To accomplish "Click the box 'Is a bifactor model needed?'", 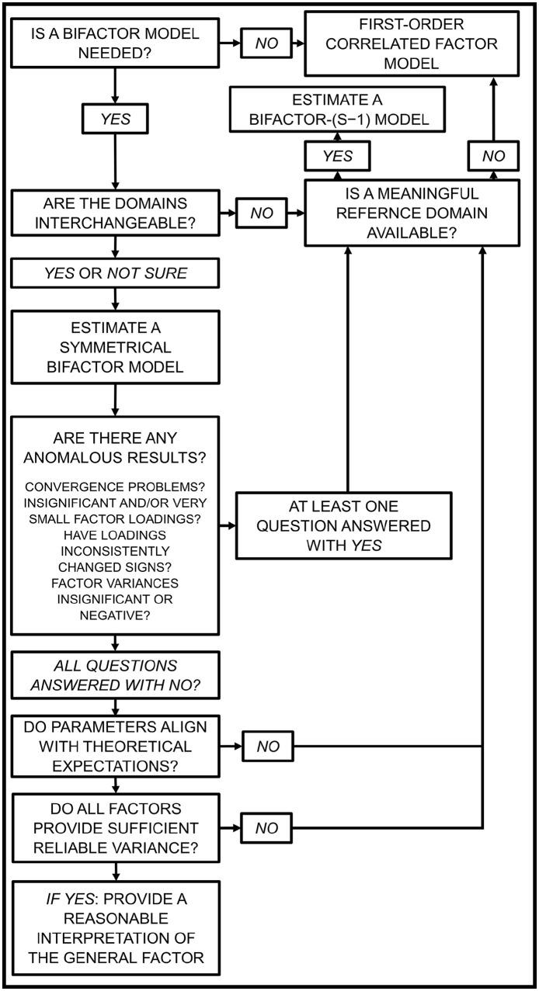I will pos(115,43).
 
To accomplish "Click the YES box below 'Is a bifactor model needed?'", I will pos(115,120).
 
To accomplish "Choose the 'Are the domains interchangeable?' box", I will pos(115,212).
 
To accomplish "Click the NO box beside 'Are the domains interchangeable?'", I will pos(262,212).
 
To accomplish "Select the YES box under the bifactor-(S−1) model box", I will pos(337,155).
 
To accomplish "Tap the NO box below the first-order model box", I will pos(493,155).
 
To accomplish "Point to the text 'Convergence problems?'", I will pos(115,487).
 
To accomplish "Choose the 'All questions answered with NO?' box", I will pos(115,675).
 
